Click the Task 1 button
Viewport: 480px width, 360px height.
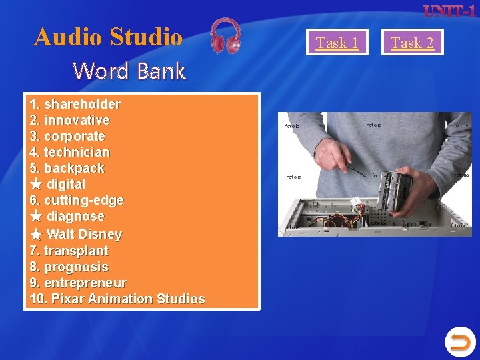tap(337, 43)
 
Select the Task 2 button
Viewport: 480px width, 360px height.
tap(412, 43)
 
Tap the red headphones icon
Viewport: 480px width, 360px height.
tap(226, 36)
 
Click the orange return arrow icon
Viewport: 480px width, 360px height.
tap(460, 343)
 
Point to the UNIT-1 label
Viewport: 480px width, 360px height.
tap(449, 11)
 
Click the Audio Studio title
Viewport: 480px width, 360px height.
tap(108, 37)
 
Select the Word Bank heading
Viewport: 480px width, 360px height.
tap(129, 71)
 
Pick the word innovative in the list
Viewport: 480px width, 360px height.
tap(76, 120)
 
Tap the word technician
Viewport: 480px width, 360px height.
tap(76, 152)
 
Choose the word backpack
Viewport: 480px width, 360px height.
tap(73, 168)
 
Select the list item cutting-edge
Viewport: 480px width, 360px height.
tap(83, 200)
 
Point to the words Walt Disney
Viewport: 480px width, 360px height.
tap(84, 234)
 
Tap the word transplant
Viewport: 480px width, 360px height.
tap(75, 251)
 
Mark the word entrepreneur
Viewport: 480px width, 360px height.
tap(85, 283)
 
